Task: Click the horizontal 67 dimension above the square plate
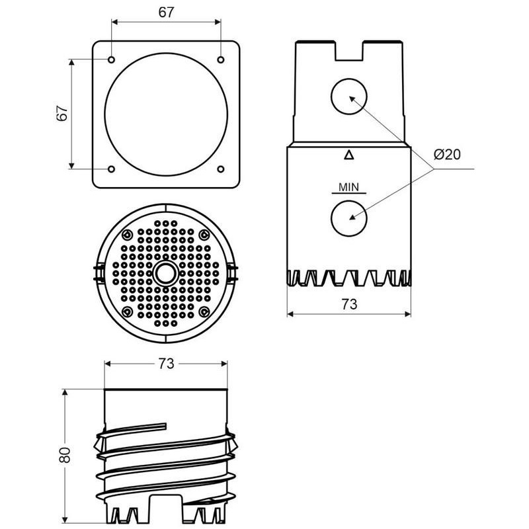click(166, 13)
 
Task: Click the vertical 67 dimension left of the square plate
click(62, 113)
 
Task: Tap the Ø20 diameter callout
click(447, 155)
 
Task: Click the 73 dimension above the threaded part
click(166, 363)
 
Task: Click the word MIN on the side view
click(348, 187)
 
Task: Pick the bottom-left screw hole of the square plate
click(112, 169)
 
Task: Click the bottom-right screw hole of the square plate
click(220, 169)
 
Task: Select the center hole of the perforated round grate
click(163, 272)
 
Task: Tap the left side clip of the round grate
click(97, 272)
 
